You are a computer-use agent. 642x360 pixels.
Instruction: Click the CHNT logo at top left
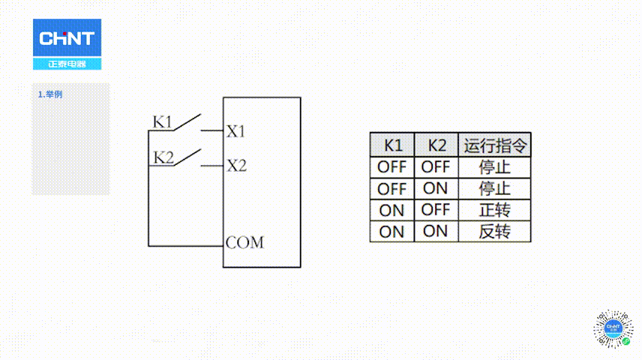click(67, 44)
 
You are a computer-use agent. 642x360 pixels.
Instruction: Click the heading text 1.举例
click(50, 94)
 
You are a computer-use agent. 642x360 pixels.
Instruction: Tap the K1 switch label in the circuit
click(162, 122)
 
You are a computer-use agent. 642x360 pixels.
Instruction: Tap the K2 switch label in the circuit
click(163, 157)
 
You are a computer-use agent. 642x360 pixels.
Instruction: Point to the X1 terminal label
click(235, 131)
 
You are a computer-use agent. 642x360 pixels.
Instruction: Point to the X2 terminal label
click(237, 166)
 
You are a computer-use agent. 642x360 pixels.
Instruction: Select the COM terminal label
click(244, 242)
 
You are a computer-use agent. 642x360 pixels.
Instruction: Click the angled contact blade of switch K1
click(187, 122)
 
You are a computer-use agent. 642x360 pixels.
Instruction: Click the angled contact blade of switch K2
click(187, 157)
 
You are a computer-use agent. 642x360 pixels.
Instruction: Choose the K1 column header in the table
click(392, 145)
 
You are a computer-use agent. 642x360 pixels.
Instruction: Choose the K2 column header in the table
click(436, 145)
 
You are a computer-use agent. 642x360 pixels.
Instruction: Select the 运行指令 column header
click(494, 145)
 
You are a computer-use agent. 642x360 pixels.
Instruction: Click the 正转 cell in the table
click(494, 210)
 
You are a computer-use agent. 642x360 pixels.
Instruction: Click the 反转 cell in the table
click(494, 232)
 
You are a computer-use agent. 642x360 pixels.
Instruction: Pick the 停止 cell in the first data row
click(494, 167)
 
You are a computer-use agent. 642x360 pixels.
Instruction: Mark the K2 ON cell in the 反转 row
click(435, 232)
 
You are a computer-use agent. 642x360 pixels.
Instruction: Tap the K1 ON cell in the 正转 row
click(391, 211)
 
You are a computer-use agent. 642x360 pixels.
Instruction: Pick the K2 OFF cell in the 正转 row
click(436, 210)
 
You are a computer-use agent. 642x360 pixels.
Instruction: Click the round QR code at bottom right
click(613, 328)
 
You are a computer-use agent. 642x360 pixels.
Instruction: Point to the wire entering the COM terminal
click(186, 246)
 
